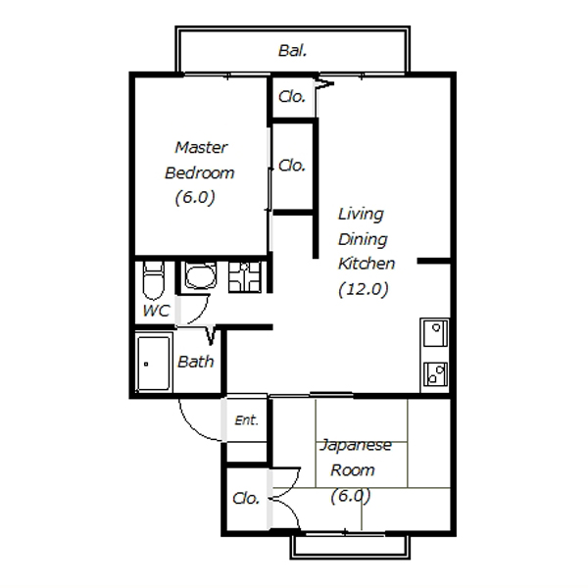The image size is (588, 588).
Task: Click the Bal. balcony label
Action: [x=292, y=51]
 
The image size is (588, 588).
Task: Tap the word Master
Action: [x=201, y=147]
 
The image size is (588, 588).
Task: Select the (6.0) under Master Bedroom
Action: [x=195, y=197]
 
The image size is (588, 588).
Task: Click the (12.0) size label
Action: [x=363, y=289]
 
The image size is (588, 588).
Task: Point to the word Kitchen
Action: [x=367, y=264]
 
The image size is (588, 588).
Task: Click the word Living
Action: [x=361, y=215]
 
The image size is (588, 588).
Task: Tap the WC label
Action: [x=156, y=311]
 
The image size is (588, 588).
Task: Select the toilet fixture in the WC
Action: [x=154, y=280]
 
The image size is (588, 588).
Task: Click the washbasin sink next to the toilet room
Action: [x=200, y=274]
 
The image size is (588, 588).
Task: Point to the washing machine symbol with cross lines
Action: [x=245, y=277]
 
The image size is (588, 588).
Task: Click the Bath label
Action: [x=195, y=362]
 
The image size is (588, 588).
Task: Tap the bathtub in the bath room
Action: [x=154, y=364]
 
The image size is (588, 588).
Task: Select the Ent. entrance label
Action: [x=246, y=420]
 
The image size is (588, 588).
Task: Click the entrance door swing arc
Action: [x=192, y=428]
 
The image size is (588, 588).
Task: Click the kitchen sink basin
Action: [x=435, y=332]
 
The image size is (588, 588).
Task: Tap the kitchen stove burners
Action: [x=435, y=374]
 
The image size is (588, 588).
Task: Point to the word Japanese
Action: [x=356, y=446]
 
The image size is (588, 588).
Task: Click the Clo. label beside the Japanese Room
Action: [x=246, y=499]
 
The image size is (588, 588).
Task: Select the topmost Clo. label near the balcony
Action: [x=292, y=97]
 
